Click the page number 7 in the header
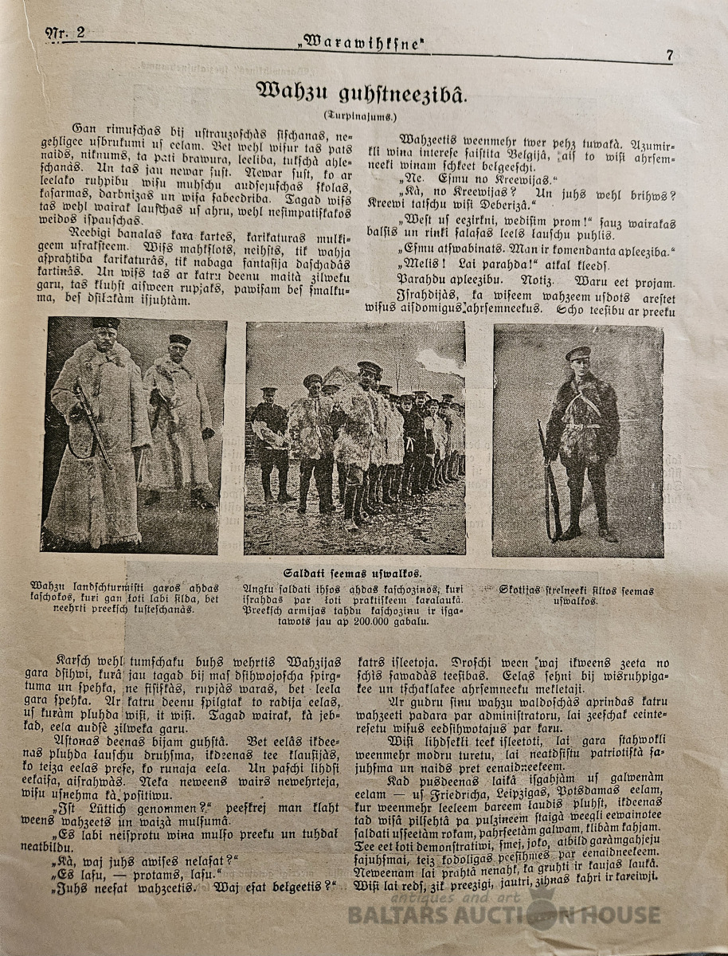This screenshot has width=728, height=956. pos(670,55)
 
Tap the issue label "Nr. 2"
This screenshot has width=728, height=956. pos(65,33)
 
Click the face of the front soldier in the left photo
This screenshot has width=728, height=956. pos(105,341)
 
